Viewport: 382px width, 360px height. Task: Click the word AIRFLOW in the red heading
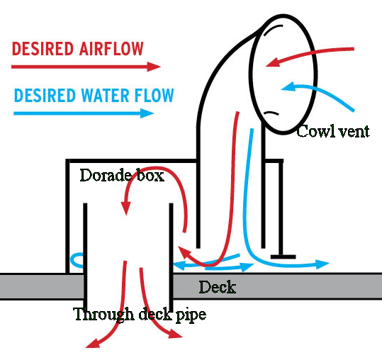[111, 49]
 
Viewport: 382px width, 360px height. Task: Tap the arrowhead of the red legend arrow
[154, 67]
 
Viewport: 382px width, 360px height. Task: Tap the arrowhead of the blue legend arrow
[147, 113]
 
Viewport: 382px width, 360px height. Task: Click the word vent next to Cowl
[354, 132]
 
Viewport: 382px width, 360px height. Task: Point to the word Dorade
[106, 175]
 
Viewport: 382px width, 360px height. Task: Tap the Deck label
[218, 287]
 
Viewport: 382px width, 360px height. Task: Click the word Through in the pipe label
[103, 315]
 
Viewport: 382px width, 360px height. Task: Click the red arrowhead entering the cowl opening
[272, 62]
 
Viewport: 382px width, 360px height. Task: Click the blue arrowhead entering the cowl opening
[288, 87]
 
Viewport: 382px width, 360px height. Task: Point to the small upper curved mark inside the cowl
[272, 28]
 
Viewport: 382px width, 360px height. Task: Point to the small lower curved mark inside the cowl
[271, 113]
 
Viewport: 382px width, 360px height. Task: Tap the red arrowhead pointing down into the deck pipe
[125, 208]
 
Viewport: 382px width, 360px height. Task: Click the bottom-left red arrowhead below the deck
[93, 343]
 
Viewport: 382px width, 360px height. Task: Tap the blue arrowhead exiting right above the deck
[322, 264]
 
